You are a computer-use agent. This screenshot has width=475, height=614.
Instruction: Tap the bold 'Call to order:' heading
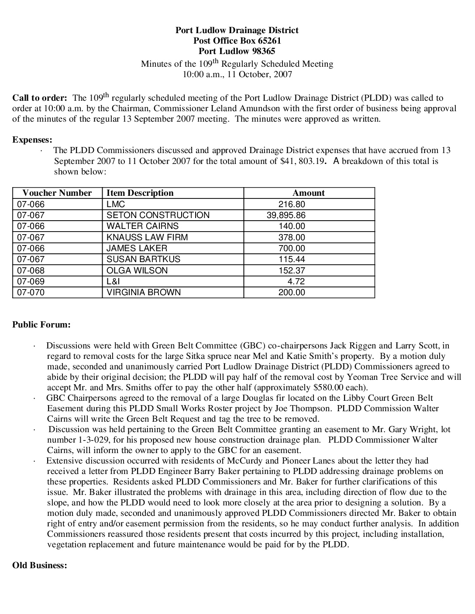[x=40, y=98]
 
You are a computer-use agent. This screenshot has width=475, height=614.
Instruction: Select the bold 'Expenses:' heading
[x=32, y=140]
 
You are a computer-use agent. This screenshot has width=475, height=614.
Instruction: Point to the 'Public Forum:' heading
[x=41, y=324]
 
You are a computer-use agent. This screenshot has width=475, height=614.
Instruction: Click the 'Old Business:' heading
[x=40, y=565]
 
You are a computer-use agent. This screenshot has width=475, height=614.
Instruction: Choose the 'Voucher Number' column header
[x=57, y=193]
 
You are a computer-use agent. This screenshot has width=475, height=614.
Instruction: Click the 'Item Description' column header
[x=140, y=193]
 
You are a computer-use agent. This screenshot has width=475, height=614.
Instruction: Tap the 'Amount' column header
[x=309, y=193]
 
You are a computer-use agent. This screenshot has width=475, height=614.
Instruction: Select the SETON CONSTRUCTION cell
[x=158, y=215]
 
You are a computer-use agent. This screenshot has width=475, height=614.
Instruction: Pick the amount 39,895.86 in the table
[x=286, y=215]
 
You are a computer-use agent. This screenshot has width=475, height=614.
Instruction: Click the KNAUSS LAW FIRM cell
[x=147, y=237]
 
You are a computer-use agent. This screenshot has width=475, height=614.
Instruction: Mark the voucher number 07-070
[x=31, y=292]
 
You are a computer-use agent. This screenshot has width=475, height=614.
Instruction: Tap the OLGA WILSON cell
[x=137, y=270]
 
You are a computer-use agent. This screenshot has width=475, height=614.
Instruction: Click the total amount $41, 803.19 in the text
[x=303, y=161]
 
